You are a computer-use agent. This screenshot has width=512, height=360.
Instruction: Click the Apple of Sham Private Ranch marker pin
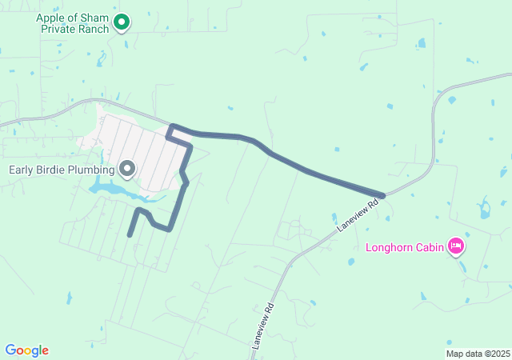tap(122, 22)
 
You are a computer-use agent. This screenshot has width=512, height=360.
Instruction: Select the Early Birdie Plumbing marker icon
tap(127, 168)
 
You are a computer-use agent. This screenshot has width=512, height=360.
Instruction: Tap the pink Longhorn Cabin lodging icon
tap(456, 246)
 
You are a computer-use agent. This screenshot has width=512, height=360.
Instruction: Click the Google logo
tap(26, 350)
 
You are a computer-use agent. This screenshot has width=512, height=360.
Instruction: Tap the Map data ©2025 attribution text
tap(478, 354)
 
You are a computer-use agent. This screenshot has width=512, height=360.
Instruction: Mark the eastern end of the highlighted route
tap(383, 195)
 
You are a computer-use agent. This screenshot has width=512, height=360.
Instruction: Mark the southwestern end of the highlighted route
tap(130, 234)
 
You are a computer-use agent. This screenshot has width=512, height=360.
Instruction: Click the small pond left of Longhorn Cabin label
tap(353, 261)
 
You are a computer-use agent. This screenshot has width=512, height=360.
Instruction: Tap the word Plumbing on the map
tap(87, 169)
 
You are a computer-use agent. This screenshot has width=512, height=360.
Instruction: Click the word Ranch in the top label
tap(93, 29)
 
